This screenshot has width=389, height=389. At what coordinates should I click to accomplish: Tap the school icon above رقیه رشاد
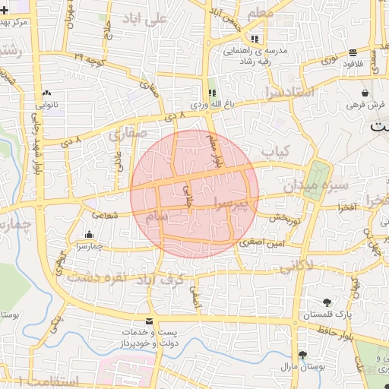[x=255, y=38]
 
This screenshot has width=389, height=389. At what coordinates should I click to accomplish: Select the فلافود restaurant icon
[x=354, y=52]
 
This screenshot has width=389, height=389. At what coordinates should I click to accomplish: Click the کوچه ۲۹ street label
[x=90, y=56]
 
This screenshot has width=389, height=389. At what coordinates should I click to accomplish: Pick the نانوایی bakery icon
[x=48, y=92]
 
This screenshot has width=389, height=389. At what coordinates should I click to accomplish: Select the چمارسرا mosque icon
[x=90, y=235]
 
